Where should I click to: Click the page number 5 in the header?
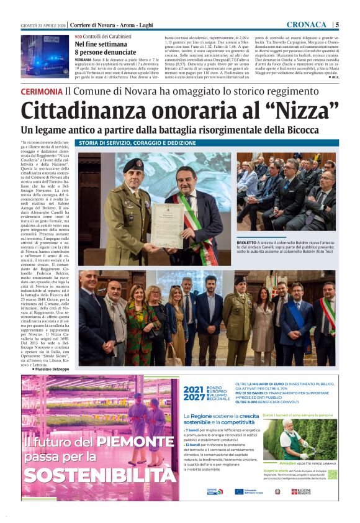point(336,24)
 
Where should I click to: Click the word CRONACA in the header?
point(307,24)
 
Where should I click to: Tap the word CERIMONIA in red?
point(42,91)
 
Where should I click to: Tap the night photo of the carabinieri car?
point(45,56)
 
